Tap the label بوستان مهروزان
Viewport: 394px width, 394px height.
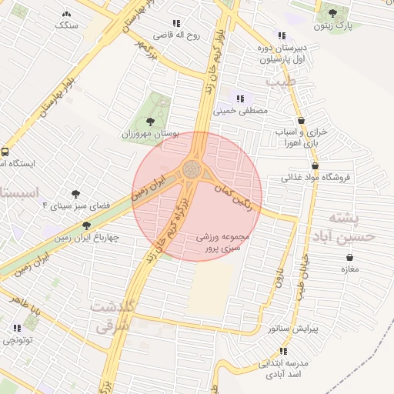tap(150, 134)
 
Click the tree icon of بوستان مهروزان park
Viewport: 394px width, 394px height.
tap(150, 122)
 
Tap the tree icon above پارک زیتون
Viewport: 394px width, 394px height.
tap(332, 13)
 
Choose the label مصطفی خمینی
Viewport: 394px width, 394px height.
tap(245, 111)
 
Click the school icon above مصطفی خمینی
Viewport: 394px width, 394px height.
tap(241, 98)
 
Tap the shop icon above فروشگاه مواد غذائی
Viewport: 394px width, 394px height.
tap(316, 165)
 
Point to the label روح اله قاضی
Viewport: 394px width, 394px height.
tap(176, 35)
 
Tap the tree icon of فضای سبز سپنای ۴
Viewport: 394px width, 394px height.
tap(75, 194)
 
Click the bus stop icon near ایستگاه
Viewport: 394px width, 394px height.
tap(5, 152)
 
